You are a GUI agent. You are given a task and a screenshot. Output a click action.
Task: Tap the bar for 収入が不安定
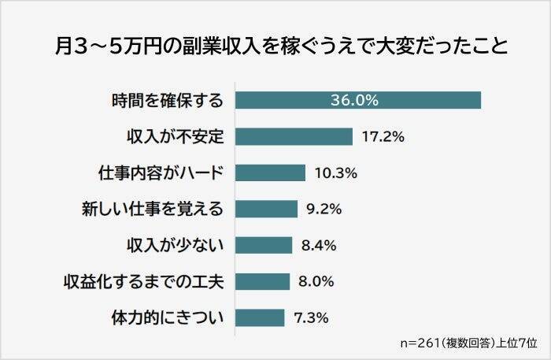pyautogui.click(x=294, y=137)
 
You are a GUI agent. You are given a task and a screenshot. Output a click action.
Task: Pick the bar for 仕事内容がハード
pyautogui.click(x=270, y=173)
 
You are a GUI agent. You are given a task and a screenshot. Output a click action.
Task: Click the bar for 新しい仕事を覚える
pyautogui.click(x=266, y=209)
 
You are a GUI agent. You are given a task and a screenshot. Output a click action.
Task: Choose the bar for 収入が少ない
pyautogui.click(x=264, y=245)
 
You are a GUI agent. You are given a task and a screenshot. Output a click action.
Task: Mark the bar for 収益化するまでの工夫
pyautogui.click(x=263, y=281)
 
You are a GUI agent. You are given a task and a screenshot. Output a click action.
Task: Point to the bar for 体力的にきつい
pyautogui.click(x=260, y=317)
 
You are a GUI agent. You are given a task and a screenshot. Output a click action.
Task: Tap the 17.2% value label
pyautogui.click(x=383, y=137)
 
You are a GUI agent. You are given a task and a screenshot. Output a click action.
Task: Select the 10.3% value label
pyautogui.click(x=335, y=173)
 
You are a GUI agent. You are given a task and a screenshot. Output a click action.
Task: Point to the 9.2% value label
pyautogui.click(x=324, y=209)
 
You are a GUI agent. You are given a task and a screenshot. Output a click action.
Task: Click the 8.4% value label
pyautogui.click(x=319, y=245)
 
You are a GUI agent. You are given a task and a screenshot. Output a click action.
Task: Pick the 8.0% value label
pyautogui.click(x=318, y=281)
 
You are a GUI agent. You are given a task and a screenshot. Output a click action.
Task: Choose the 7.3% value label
pyautogui.click(x=311, y=317)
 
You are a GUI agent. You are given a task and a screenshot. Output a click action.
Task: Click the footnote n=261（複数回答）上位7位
pyautogui.click(x=469, y=343)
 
